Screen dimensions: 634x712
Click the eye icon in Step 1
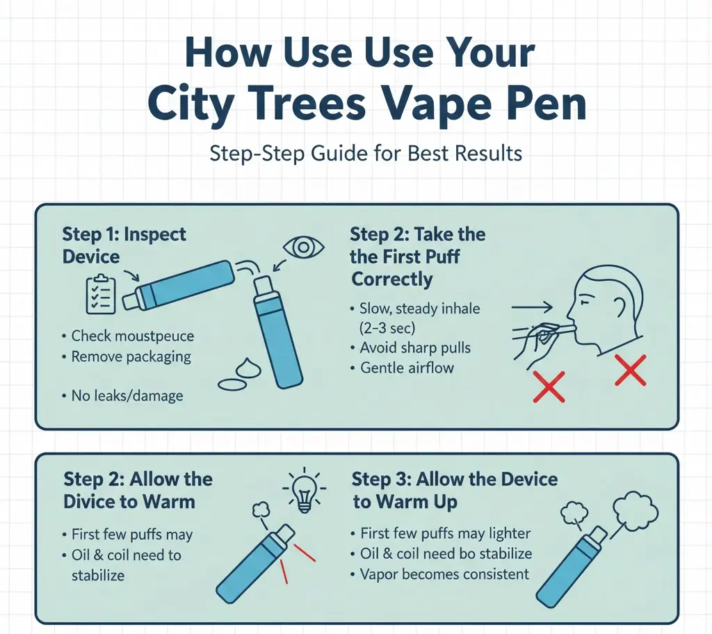(302, 247)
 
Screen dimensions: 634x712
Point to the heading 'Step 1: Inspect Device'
(124, 245)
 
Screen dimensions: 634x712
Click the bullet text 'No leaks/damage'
(127, 396)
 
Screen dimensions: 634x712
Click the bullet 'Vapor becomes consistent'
(445, 574)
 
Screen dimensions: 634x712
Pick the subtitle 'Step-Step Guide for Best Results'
(366, 153)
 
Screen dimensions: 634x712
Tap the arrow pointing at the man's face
(531, 306)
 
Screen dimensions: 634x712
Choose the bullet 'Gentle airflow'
(407, 368)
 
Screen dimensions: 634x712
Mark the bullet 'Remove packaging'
(131, 357)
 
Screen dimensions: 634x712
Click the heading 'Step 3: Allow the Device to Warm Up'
(454, 490)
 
